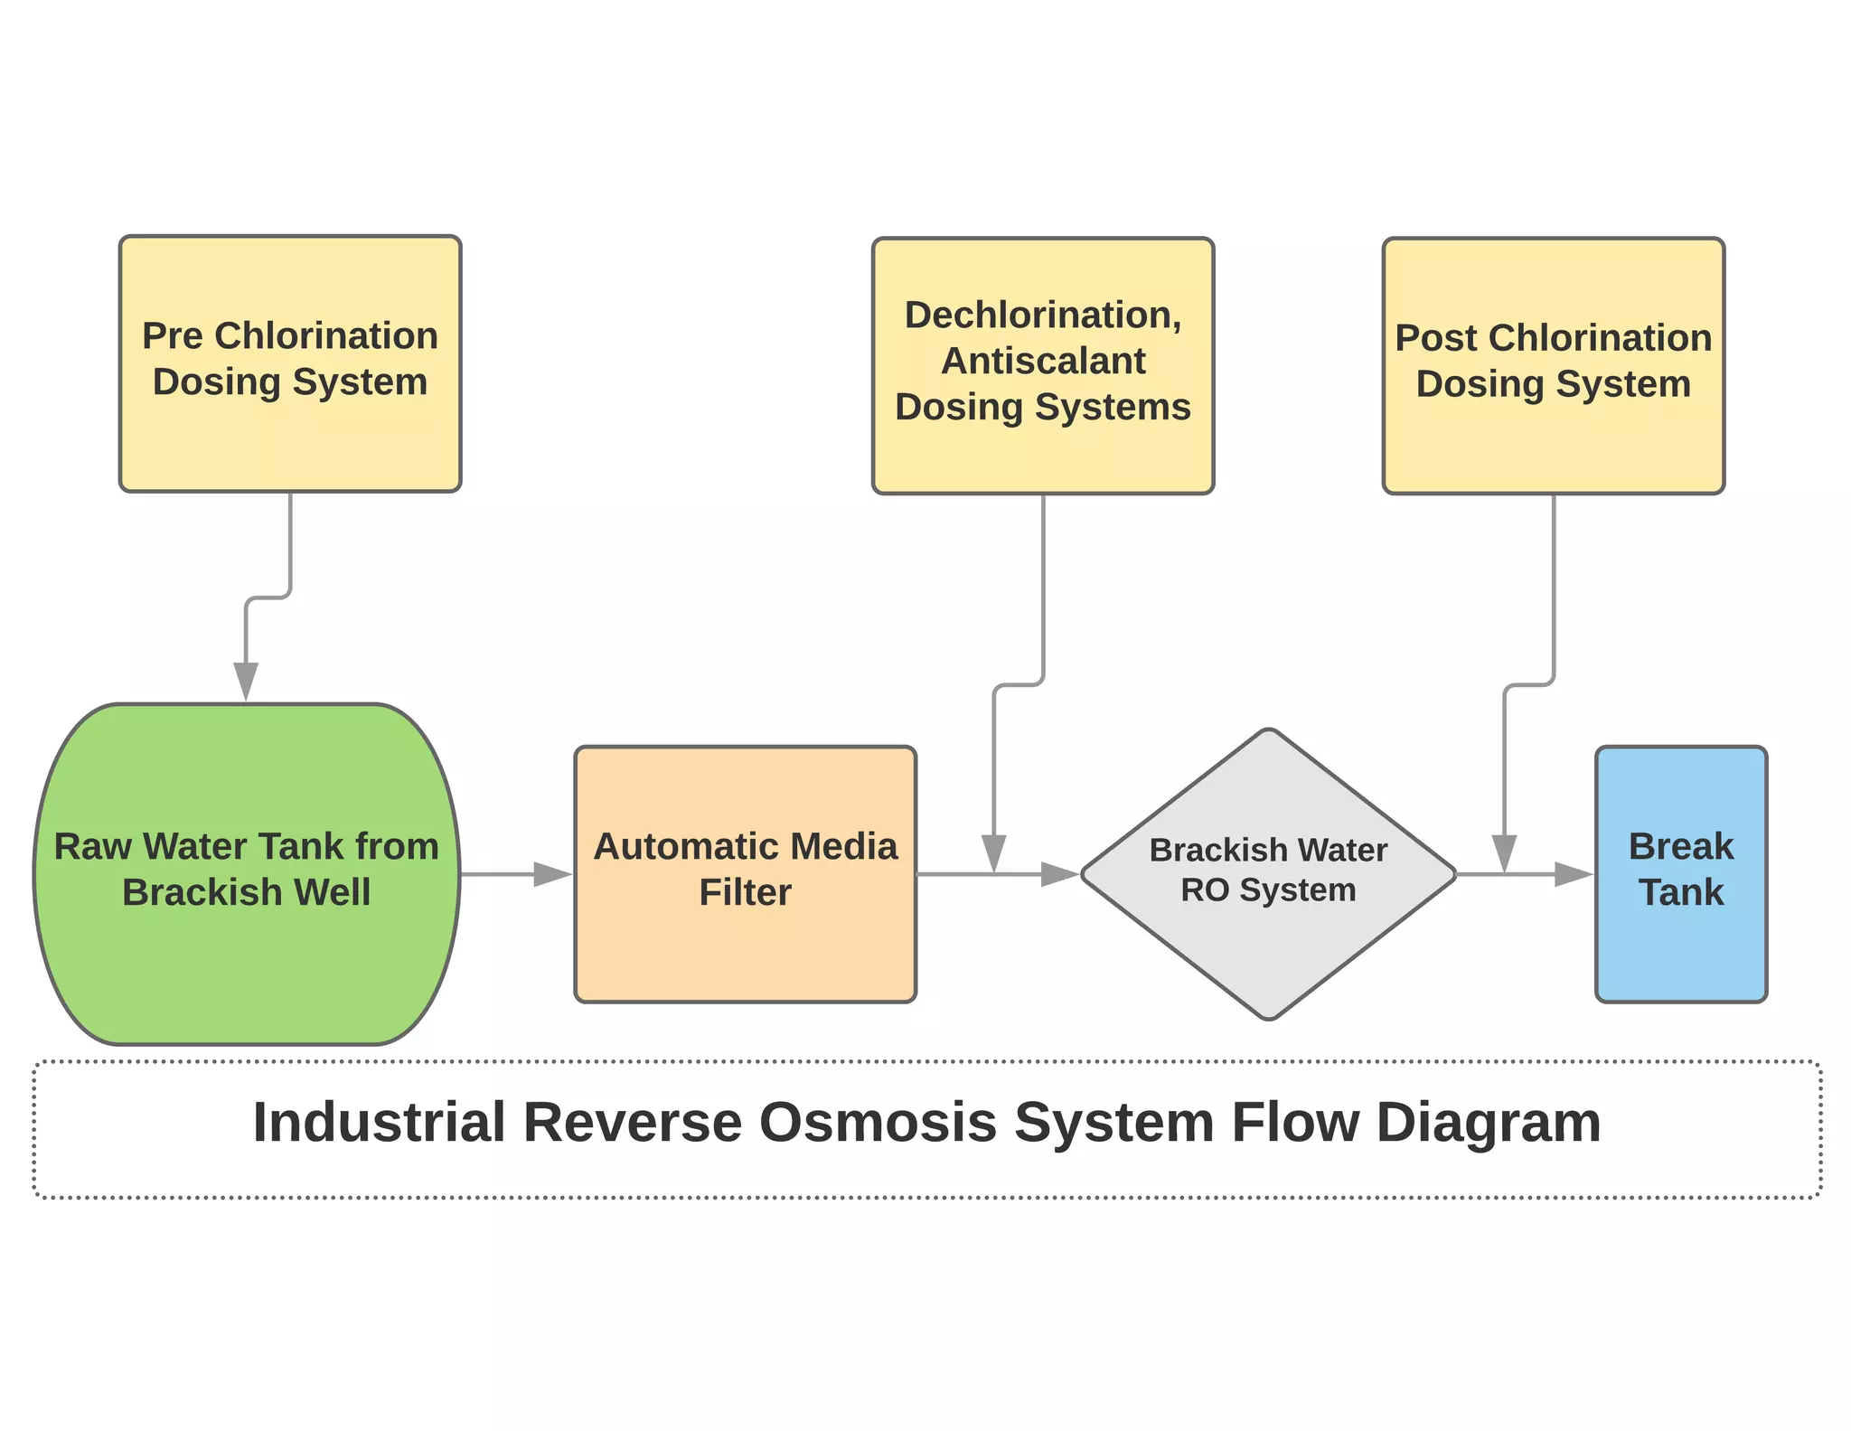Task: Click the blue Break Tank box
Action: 1680,949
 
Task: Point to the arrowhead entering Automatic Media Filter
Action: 552,874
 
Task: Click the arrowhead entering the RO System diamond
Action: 1059,874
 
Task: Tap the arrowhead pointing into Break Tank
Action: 1573,874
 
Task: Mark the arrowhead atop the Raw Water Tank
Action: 246,680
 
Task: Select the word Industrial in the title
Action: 378,1123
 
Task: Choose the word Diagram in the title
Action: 1488,1123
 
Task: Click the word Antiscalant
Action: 1043,361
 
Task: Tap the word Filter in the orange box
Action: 745,892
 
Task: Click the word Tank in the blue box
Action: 1680,892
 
